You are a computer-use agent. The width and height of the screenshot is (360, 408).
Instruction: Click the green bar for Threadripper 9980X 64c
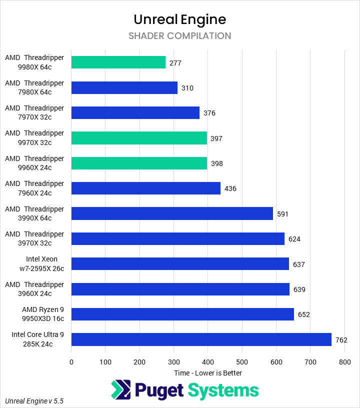click(x=118, y=62)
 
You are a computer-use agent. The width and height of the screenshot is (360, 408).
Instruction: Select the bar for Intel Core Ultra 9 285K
click(x=201, y=339)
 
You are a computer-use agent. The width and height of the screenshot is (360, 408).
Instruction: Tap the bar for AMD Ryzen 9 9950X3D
click(x=182, y=314)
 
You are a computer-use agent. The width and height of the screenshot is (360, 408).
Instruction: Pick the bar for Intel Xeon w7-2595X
click(x=180, y=264)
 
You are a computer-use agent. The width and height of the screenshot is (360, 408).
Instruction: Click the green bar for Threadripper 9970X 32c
click(x=139, y=138)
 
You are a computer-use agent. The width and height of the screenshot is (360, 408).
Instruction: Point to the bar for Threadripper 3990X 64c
click(x=172, y=213)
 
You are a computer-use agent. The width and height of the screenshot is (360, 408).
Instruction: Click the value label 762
click(x=341, y=340)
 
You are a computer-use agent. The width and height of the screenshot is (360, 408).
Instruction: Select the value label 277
click(x=175, y=63)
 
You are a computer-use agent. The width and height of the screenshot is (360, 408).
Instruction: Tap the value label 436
click(x=230, y=188)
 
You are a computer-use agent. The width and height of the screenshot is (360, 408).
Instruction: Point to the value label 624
click(x=294, y=239)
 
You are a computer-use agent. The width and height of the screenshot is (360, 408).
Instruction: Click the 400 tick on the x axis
click(x=208, y=361)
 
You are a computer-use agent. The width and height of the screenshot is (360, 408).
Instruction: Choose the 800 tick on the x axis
click(x=344, y=361)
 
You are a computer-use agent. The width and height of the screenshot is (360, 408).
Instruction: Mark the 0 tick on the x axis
click(x=71, y=361)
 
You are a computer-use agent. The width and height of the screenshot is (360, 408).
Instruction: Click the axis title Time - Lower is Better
click(x=208, y=373)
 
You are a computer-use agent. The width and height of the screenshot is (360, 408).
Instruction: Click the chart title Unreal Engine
click(x=180, y=19)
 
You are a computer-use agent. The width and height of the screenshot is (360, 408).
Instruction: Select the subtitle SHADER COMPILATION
click(x=180, y=36)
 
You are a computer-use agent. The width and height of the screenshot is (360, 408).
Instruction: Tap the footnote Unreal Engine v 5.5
click(x=34, y=401)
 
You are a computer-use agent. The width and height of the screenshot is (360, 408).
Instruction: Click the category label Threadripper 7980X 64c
click(x=34, y=87)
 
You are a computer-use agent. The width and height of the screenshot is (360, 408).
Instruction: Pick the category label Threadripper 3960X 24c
click(x=34, y=289)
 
